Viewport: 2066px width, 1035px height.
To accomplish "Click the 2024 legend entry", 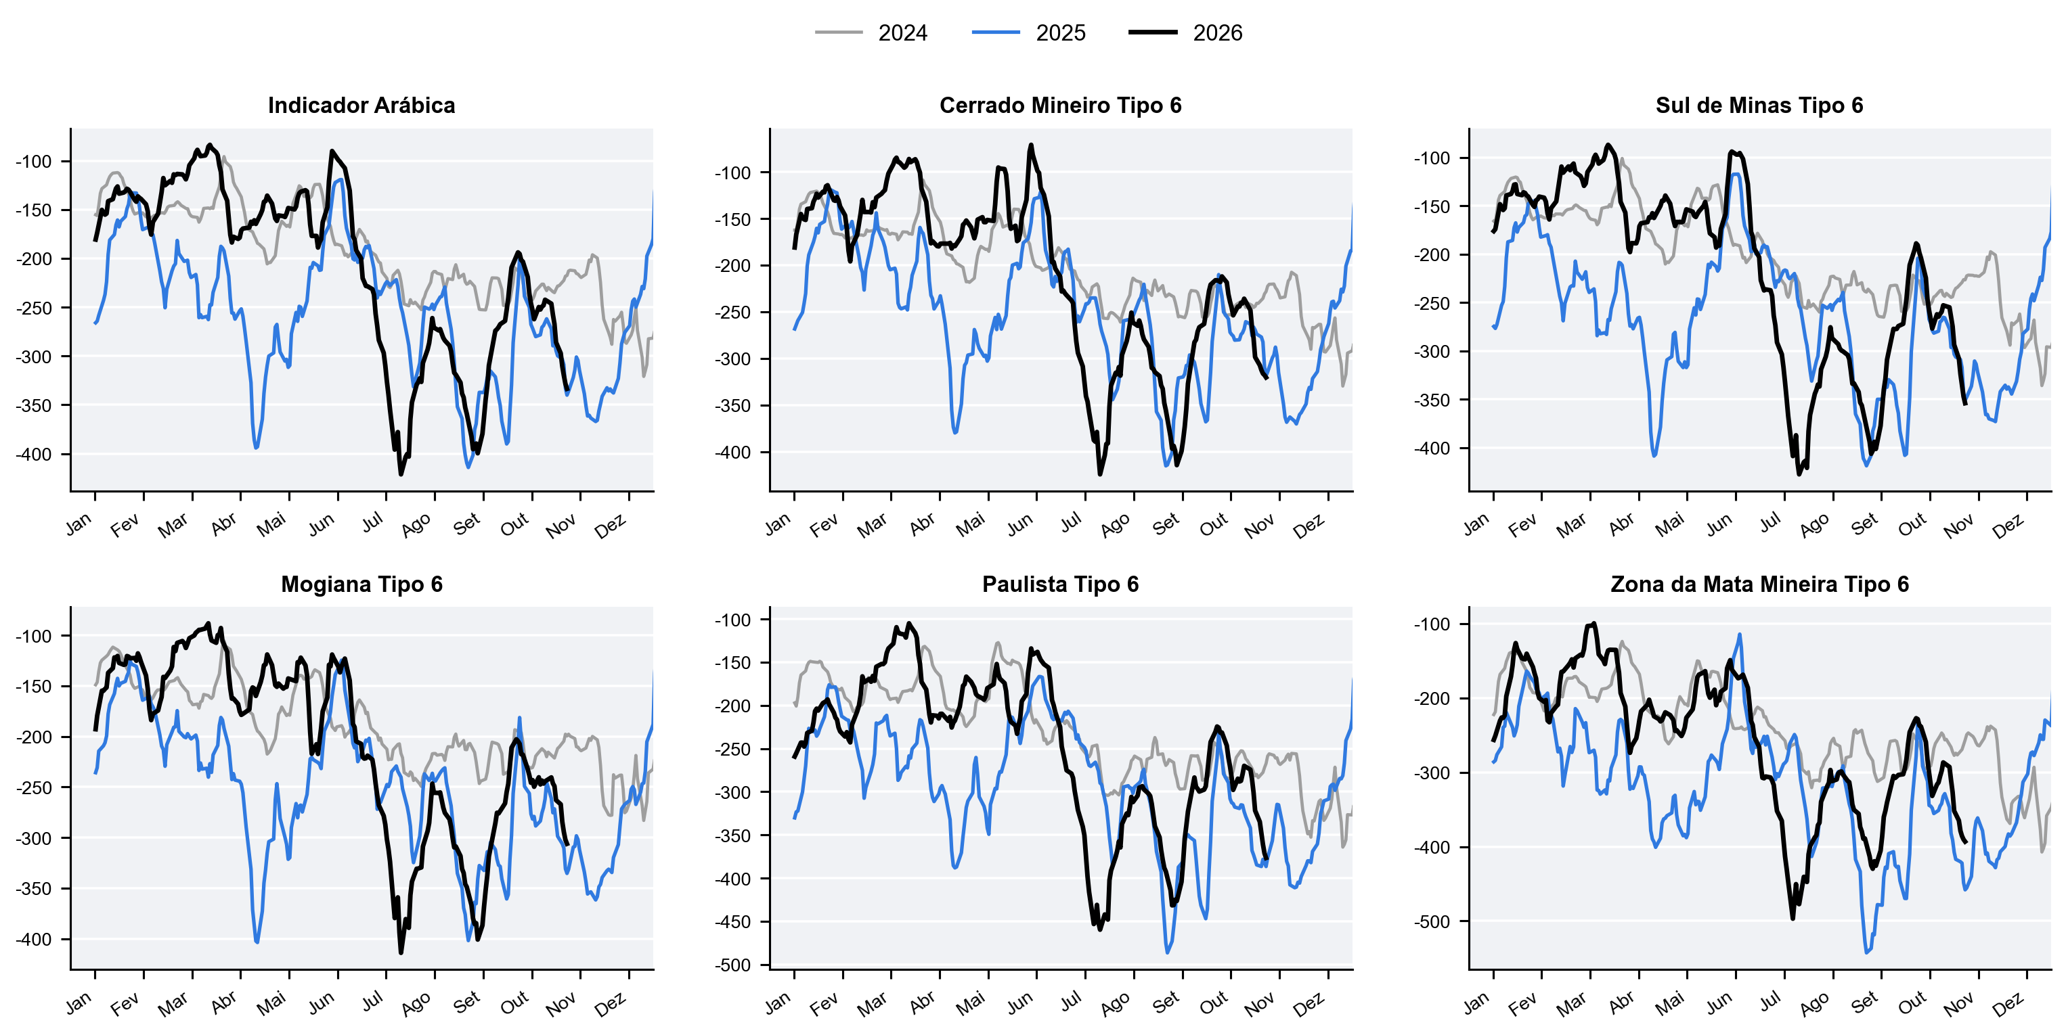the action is (871, 33).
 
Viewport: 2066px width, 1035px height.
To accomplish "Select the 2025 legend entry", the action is (1029, 33).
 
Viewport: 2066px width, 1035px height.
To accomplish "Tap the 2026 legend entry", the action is (1185, 33).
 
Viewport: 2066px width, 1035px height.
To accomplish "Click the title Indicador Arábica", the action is (361, 105).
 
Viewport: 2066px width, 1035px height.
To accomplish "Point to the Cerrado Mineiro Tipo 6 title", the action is (1060, 105).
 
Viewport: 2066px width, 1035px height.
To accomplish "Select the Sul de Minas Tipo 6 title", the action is (1759, 105).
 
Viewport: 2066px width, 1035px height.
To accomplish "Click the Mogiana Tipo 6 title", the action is (361, 584).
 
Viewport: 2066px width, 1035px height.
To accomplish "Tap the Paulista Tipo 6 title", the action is (1060, 584).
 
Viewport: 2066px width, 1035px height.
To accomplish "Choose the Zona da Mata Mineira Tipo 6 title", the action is (1759, 584).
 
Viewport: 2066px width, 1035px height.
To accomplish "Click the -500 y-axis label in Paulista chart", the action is (732, 965).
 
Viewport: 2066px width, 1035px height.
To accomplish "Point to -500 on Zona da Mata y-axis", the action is (1432, 921).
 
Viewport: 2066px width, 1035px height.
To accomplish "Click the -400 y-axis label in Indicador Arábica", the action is (33, 454).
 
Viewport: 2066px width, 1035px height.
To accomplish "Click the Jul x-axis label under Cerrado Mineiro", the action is (1071, 523).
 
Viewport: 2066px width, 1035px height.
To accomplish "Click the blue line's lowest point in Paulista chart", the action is (1167, 952).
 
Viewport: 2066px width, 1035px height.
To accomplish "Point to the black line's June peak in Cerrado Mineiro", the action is (1032, 145).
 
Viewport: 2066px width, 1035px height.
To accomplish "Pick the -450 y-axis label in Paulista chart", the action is (732, 921).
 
